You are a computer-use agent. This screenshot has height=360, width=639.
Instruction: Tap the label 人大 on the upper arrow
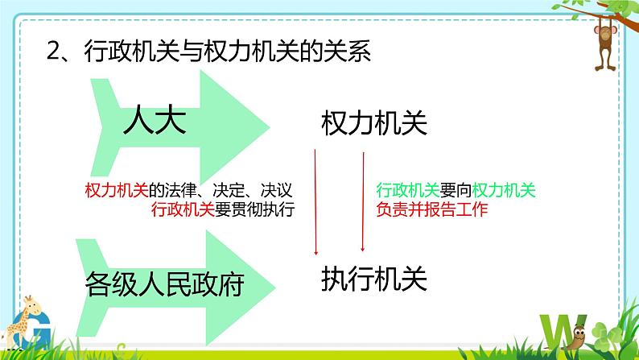[x=155, y=122]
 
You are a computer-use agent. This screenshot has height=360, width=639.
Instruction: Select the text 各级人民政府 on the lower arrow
[x=164, y=283]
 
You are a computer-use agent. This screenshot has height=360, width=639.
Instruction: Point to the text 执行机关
[x=373, y=278]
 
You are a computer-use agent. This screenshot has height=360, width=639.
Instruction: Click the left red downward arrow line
[x=315, y=201]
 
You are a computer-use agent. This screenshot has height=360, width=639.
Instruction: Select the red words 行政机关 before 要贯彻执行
[x=182, y=210]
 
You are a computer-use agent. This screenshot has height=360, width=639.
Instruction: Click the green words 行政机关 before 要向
[x=407, y=190]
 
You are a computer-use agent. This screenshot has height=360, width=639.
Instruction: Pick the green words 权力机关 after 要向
[x=504, y=190]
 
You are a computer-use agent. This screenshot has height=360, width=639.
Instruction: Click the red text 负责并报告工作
[x=431, y=210]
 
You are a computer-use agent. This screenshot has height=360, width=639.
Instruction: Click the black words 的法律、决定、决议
[x=219, y=190]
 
